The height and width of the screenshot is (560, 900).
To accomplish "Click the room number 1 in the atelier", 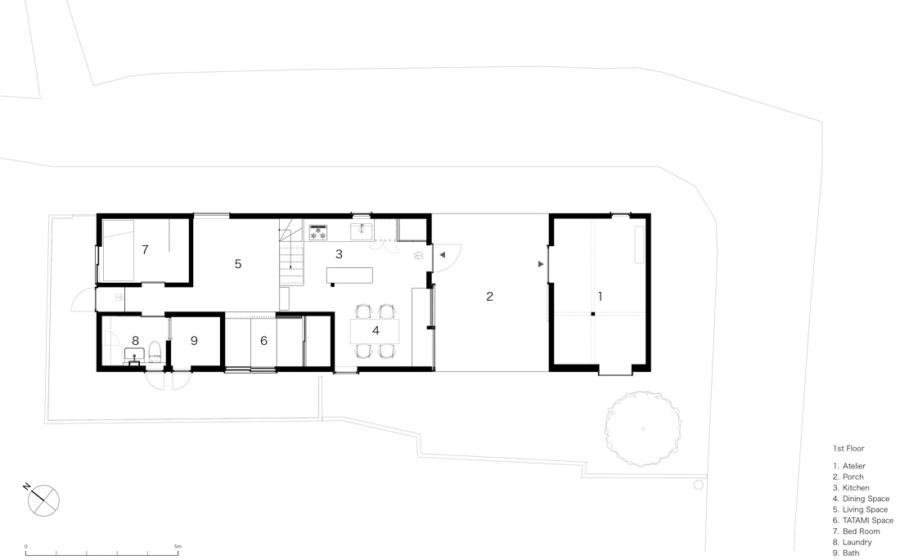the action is point(600,297).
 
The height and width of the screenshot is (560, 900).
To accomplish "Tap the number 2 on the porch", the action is point(489,297).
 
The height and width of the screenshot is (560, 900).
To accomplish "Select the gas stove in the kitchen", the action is point(318,232).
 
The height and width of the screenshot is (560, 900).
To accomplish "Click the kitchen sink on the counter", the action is point(362,232).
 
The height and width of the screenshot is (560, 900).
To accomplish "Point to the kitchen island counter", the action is point(349,276).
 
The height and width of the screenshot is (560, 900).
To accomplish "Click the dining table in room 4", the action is point(375,331).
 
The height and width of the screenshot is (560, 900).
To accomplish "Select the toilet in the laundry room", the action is point(155,352).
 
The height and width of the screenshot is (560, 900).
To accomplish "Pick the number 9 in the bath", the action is point(194,341).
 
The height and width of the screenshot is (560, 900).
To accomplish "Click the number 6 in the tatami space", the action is point(263,341).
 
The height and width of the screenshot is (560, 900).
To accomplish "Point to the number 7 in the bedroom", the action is point(145,249).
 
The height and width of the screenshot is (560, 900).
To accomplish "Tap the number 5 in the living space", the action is point(238,264).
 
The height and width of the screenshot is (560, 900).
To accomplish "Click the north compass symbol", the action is point(43,500).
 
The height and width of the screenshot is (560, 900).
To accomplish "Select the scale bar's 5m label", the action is point(178,547).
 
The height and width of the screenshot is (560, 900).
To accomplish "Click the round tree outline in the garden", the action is point(643,428).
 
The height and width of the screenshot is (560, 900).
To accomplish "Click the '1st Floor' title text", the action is point(848,449).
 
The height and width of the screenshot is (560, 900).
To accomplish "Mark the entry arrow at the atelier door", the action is point(541,264).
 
